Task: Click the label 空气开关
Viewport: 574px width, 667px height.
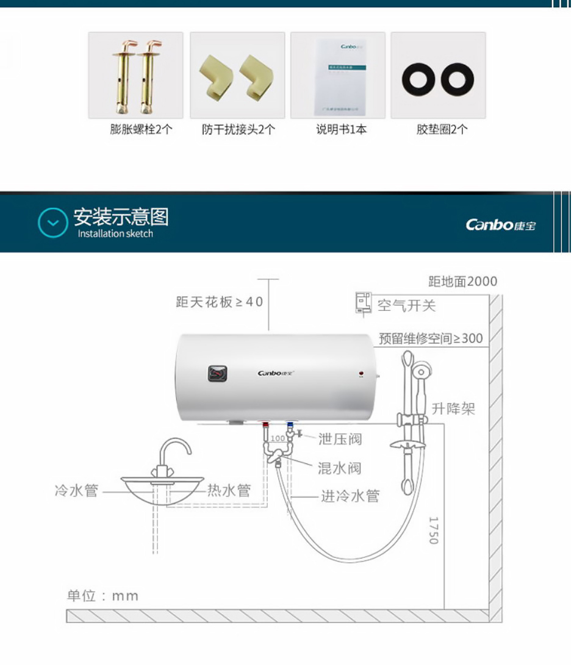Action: click(x=406, y=305)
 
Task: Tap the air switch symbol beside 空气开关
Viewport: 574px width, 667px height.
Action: click(x=363, y=303)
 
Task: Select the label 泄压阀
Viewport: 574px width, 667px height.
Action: click(x=340, y=439)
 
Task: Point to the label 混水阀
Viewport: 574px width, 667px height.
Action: click(x=339, y=468)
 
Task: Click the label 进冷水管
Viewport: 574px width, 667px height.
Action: click(x=350, y=496)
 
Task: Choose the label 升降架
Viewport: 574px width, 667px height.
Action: click(x=453, y=409)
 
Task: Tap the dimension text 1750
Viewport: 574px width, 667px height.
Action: click(x=434, y=530)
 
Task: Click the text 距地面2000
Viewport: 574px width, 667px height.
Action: click(x=462, y=281)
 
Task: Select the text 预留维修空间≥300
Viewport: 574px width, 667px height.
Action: click(x=431, y=338)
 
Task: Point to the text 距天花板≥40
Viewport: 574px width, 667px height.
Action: click(x=220, y=302)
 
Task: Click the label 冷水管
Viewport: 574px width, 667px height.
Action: click(x=76, y=491)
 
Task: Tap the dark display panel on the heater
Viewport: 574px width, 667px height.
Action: click(x=217, y=373)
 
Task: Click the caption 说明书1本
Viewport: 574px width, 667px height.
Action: click(x=341, y=129)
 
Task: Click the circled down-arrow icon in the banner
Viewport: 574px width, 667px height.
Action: click(x=53, y=223)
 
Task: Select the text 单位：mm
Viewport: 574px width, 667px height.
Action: click(x=102, y=596)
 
